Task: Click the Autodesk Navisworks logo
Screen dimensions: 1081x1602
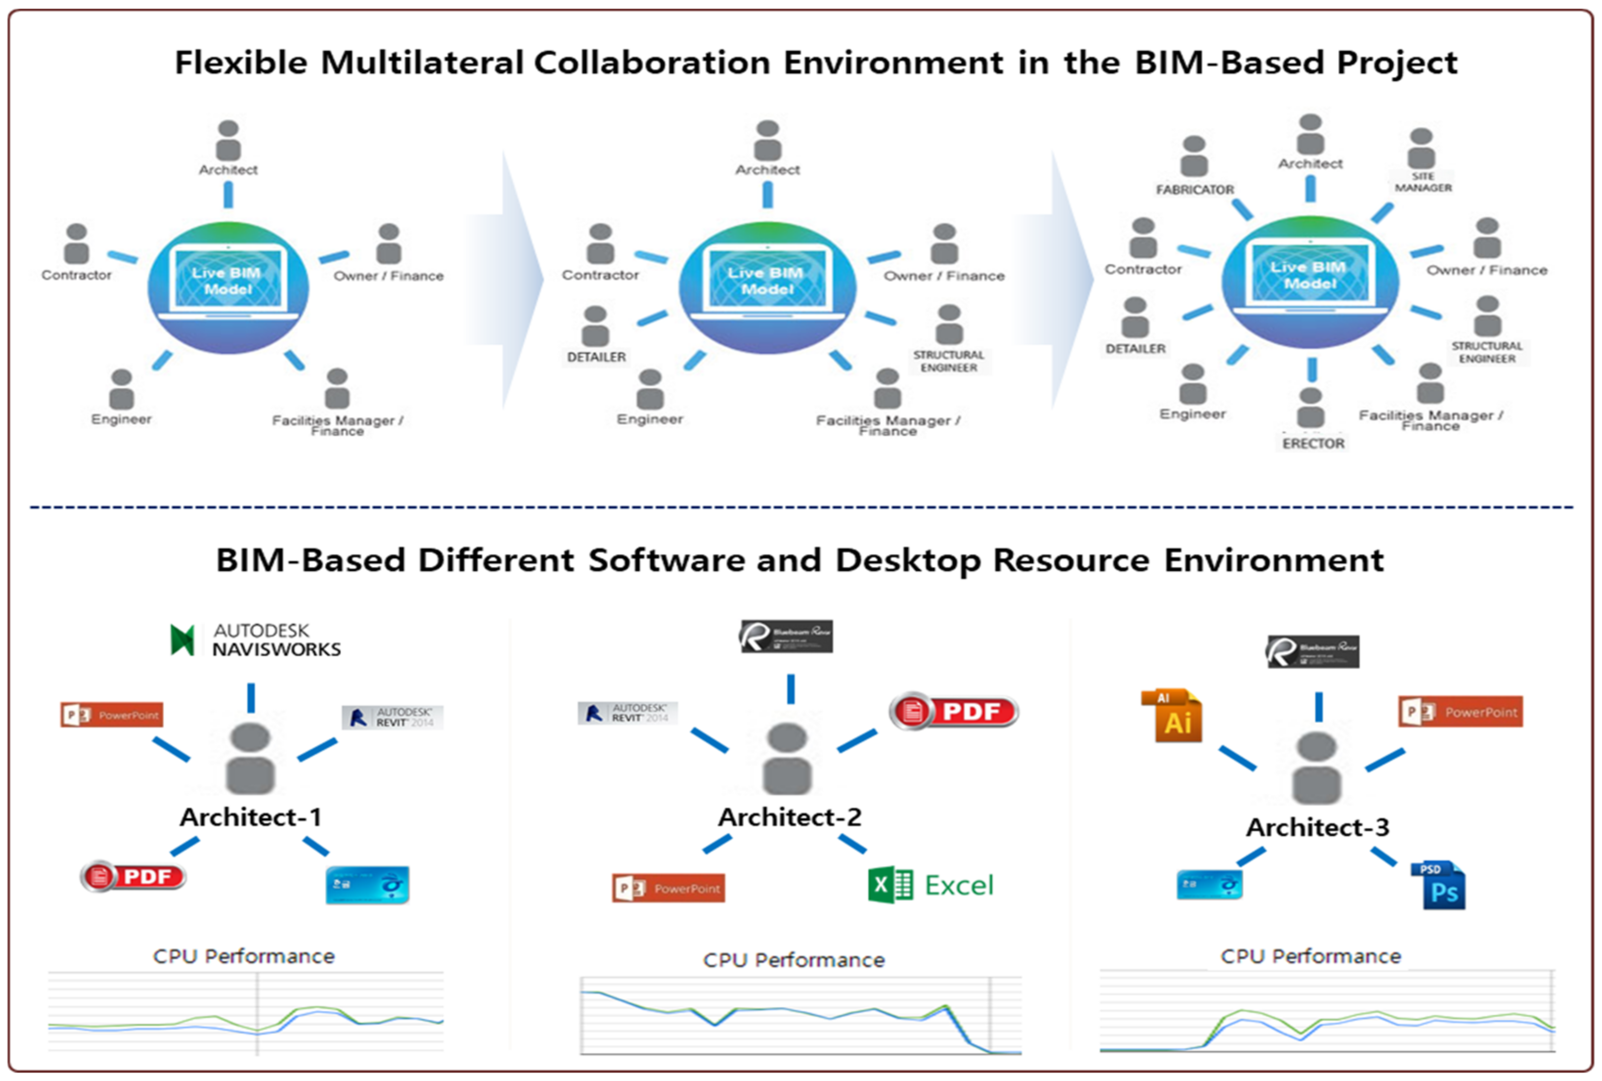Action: (255, 640)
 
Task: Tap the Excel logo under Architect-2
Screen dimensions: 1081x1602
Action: (931, 884)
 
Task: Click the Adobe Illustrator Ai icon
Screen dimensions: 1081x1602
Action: (1172, 716)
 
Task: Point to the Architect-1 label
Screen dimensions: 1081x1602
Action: (251, 817)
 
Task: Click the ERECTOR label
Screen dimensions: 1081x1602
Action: (1313, 443)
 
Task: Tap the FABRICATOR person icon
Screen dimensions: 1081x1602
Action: (1194, 156)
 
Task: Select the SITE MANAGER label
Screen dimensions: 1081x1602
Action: (1423, 182)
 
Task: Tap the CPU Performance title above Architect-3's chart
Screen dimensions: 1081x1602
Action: (1311, 956)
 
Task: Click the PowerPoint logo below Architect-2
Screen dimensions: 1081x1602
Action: (668, 888)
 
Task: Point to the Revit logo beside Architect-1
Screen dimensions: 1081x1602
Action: (392, 717)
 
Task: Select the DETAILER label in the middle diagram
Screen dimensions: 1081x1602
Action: (596, 357)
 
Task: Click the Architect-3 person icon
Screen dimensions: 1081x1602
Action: (1316, 767)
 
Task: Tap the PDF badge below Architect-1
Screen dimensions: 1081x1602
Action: (133, 876)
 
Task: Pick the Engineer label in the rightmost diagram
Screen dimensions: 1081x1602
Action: (1193, 414)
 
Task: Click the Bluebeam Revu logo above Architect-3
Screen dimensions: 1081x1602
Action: (1313, 652)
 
